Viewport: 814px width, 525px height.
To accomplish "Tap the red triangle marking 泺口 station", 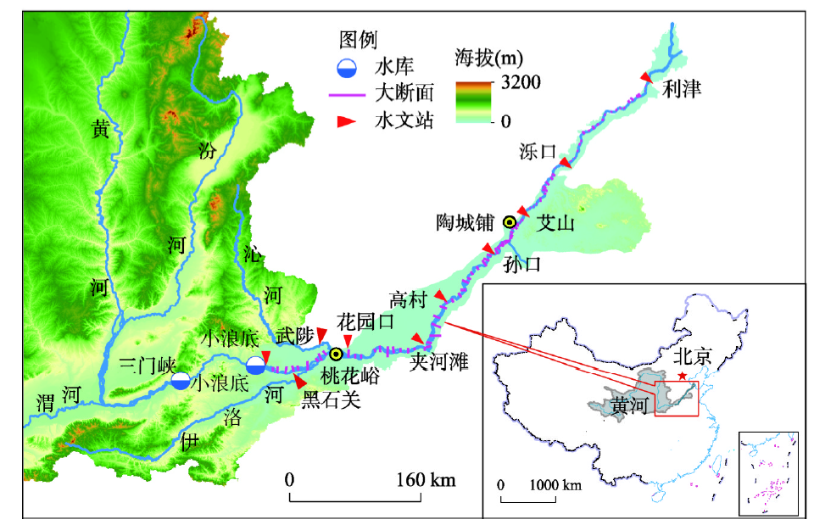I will [566, 162].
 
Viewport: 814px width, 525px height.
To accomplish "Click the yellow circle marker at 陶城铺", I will [510, 222].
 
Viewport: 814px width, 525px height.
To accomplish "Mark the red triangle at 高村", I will [440, 294].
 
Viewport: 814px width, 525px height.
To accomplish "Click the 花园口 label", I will [365, 321].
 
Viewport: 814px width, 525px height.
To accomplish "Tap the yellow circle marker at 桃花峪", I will [337, 355].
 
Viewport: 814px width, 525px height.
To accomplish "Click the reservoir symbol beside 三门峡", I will [180, 382].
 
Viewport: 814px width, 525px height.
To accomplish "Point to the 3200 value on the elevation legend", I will [521, 82].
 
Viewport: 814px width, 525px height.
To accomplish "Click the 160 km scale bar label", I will [425, 480].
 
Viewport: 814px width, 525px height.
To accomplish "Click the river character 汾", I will [206, 149].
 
